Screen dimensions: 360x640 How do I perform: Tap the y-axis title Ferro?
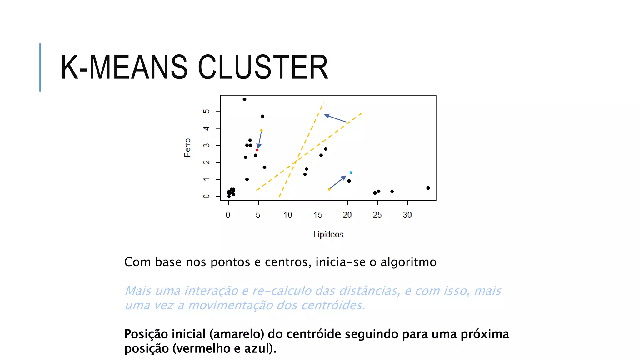coord(187,147)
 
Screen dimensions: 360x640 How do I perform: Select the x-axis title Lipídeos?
coord(328,234)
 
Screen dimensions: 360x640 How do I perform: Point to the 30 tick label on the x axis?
coord(407,215)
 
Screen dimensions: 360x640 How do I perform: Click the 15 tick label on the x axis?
coord(318,215)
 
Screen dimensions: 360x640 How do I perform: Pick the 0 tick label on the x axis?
coord(228,215)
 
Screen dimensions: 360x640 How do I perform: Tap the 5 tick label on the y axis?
coord(206,111)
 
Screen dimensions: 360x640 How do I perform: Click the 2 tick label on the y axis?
coord(206,162)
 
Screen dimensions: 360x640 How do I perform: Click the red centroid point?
coord(257,150)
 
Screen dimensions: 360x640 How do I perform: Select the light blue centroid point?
coord(351,172)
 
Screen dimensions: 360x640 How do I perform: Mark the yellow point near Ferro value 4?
coord(261,130)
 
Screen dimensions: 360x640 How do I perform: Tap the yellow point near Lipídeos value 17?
coord(329,189)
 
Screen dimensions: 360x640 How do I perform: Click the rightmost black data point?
coord(428,188)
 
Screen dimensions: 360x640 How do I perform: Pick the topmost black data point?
coord(244,99)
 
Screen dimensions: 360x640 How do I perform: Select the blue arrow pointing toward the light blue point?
coord(337,182)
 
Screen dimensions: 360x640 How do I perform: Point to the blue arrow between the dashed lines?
coord(335,118)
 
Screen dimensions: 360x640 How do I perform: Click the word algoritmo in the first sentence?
coord(408,262)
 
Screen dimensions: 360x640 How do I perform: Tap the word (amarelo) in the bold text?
coord(237,334)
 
